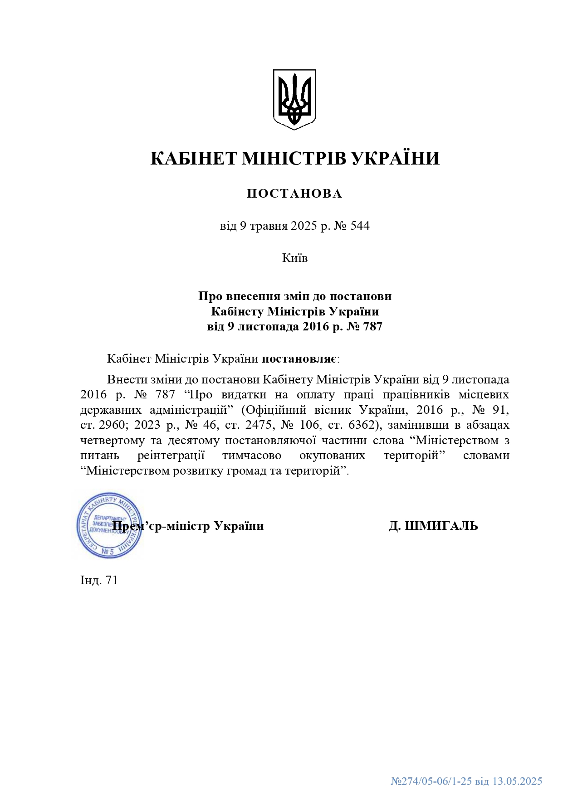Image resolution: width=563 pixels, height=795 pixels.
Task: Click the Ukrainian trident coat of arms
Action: (294, 99)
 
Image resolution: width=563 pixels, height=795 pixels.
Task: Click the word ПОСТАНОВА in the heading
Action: (294, 194)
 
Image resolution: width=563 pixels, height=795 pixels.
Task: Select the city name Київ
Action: (295, 258)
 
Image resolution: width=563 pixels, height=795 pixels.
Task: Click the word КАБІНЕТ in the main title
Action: (194, 159)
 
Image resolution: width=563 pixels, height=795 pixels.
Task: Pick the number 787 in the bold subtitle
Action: (372, 326)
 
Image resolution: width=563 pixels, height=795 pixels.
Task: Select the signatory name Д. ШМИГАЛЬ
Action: (433, 526)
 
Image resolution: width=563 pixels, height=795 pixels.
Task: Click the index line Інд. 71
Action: (99, 580)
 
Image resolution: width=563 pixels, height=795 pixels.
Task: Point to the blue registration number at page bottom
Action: (466, 781)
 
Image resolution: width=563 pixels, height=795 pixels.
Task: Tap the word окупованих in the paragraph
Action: (332, 455)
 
